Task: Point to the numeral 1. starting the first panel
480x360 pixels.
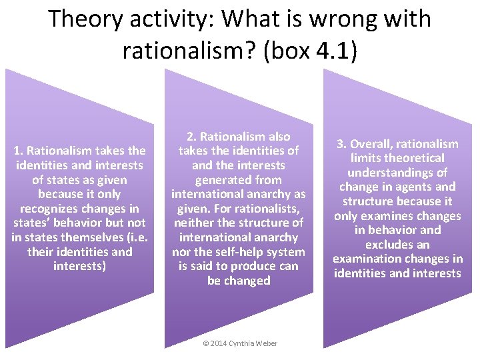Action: point(18,151)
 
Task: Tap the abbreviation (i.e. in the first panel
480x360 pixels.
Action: point(131,237)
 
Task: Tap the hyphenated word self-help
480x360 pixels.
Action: point(241,252)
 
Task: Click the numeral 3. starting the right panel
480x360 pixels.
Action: point(340,144)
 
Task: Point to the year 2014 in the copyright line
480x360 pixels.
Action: point(218,343)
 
